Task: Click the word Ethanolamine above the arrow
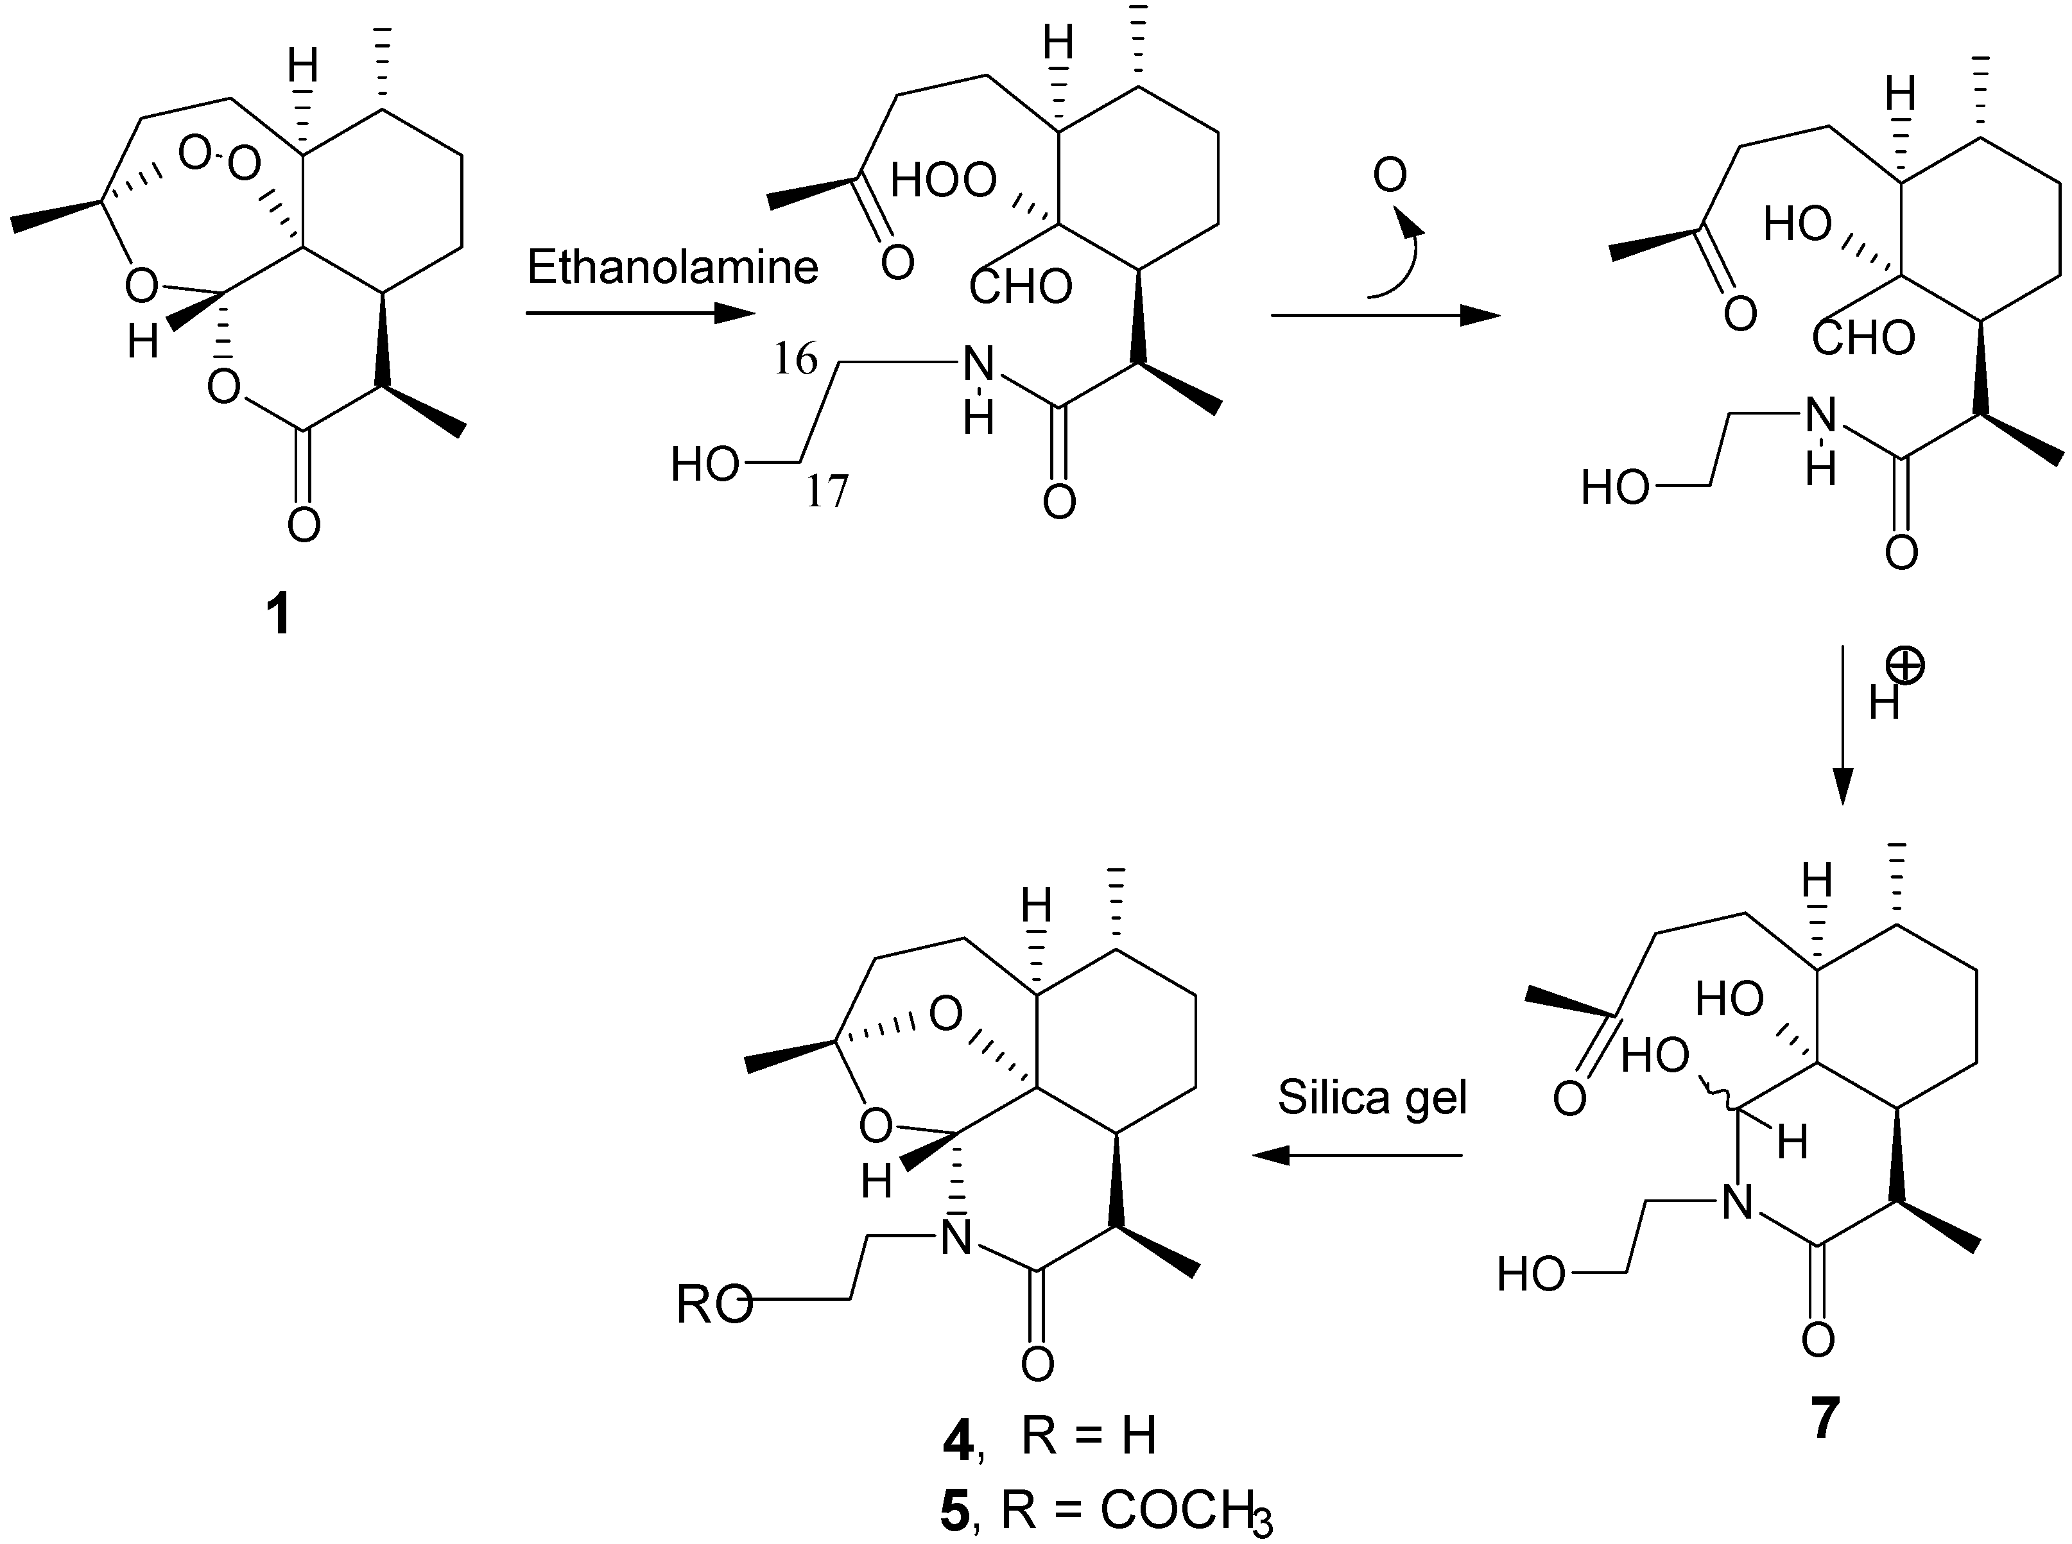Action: pos(672,268)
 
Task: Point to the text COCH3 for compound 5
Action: pos(1185,1511)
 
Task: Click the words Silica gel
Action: pos(1372,1097)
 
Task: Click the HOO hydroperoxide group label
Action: pos(944,180)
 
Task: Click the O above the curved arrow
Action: pos(1390,175)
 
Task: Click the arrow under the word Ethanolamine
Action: pos(640,314)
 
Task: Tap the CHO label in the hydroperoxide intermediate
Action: pos(1021,287)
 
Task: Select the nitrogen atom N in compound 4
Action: pos(955,1239)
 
